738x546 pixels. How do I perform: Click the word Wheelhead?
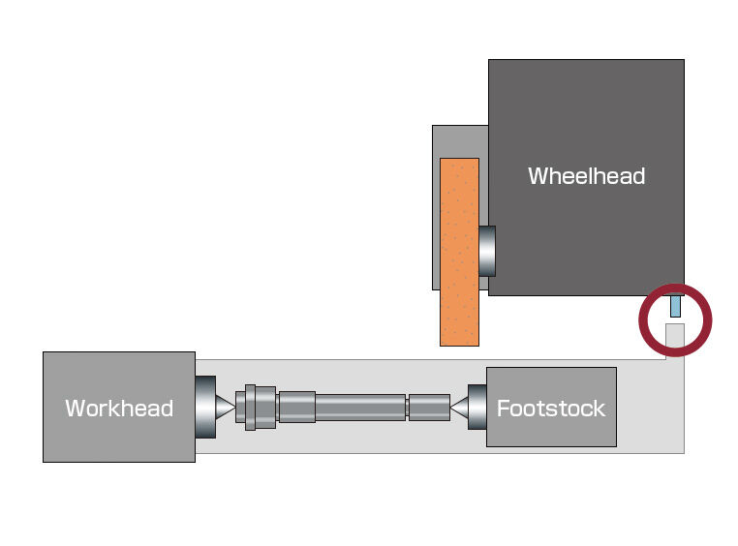click(586, 176)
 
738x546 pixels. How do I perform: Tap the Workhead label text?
click(119, 408)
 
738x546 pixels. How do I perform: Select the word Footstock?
click(550, 408)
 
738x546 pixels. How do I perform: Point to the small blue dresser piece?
click(676, 306)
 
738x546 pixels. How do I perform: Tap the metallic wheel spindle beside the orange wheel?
click(487, 250)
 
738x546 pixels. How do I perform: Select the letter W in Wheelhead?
click(538, 176)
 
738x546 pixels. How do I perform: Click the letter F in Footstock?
click(503, 408)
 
